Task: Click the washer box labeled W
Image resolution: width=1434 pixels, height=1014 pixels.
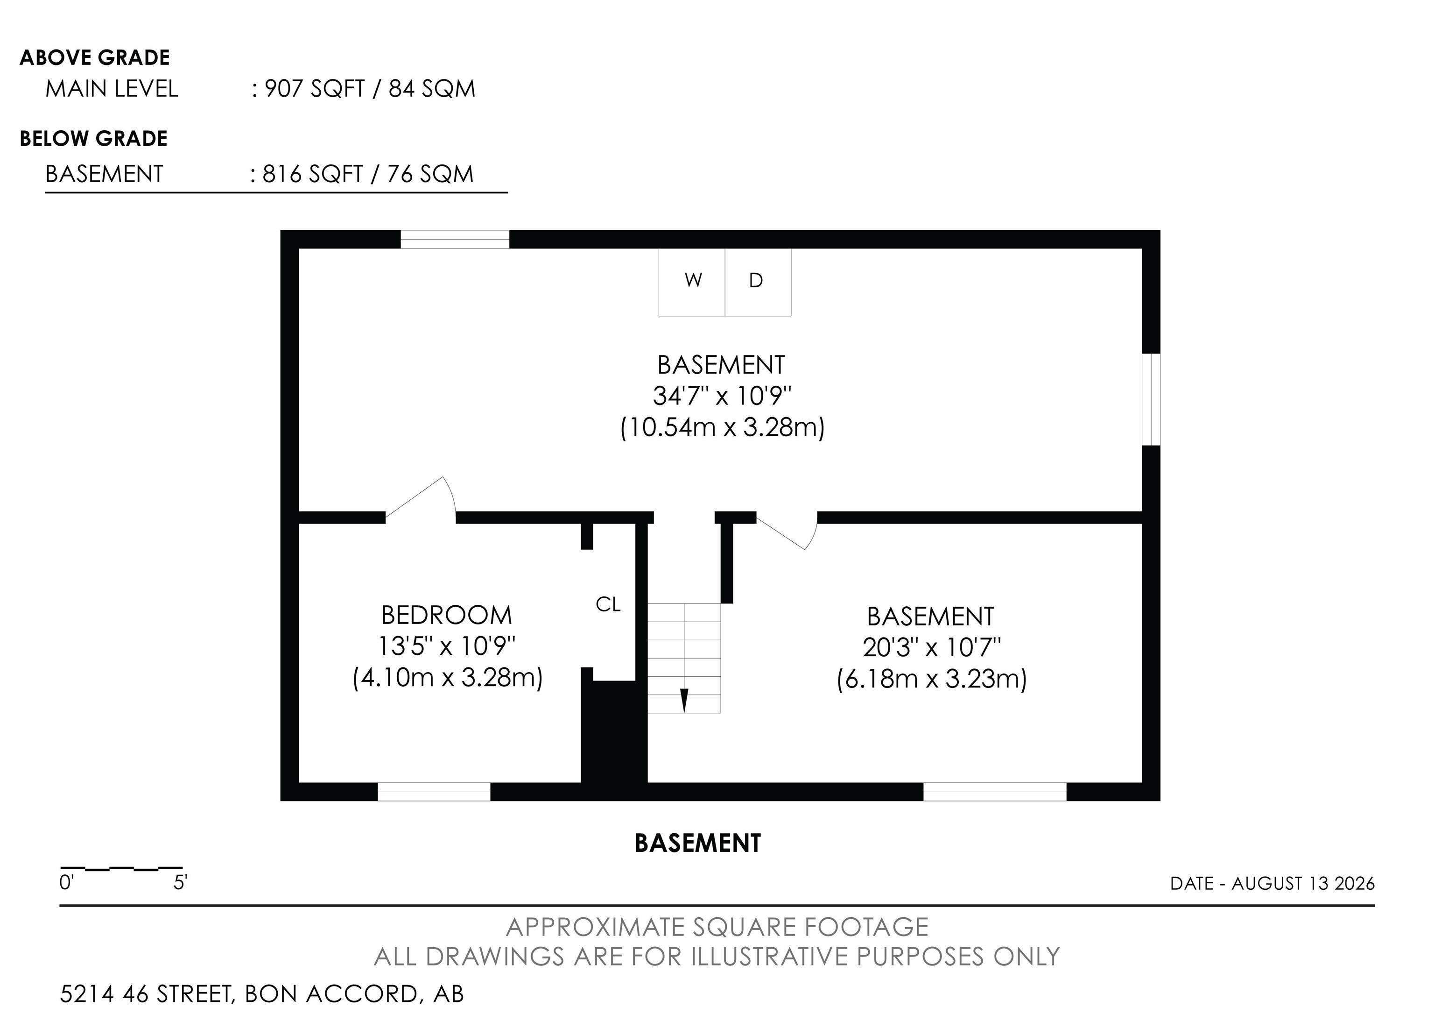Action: tap(692, 282)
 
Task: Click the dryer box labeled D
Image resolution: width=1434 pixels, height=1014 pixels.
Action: tap(758, 282)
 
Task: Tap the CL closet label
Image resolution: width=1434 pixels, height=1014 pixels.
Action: tap(608, 604)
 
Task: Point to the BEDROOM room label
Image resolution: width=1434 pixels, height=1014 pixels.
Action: tap(447, 616)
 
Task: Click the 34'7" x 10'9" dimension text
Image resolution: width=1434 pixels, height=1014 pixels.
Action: tap(723, 396)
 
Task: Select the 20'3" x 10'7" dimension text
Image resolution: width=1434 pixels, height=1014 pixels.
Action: tap(932, 647)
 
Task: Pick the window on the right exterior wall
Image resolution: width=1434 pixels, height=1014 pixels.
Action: tap(1151, 399)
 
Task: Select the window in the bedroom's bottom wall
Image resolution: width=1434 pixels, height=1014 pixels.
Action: tap(434, 792)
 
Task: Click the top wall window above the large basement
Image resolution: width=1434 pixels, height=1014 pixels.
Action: tap(455, 239)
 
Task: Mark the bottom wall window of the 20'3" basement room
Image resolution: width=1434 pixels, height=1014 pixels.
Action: tap(995, 792)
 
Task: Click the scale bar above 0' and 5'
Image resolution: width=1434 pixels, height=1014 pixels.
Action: tap(121, 868)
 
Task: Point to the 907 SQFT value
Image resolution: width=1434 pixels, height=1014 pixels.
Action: tap(314, 89)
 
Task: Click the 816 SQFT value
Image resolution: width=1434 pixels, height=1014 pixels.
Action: tap(312, 174)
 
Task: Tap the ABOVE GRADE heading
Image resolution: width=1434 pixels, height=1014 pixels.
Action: tap(95, 57)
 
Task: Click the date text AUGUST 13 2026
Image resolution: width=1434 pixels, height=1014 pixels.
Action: tap(1303, 883)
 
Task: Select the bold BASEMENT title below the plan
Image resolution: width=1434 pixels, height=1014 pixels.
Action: tap(698, 844)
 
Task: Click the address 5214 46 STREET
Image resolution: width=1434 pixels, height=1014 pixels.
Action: tap(146, 994)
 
